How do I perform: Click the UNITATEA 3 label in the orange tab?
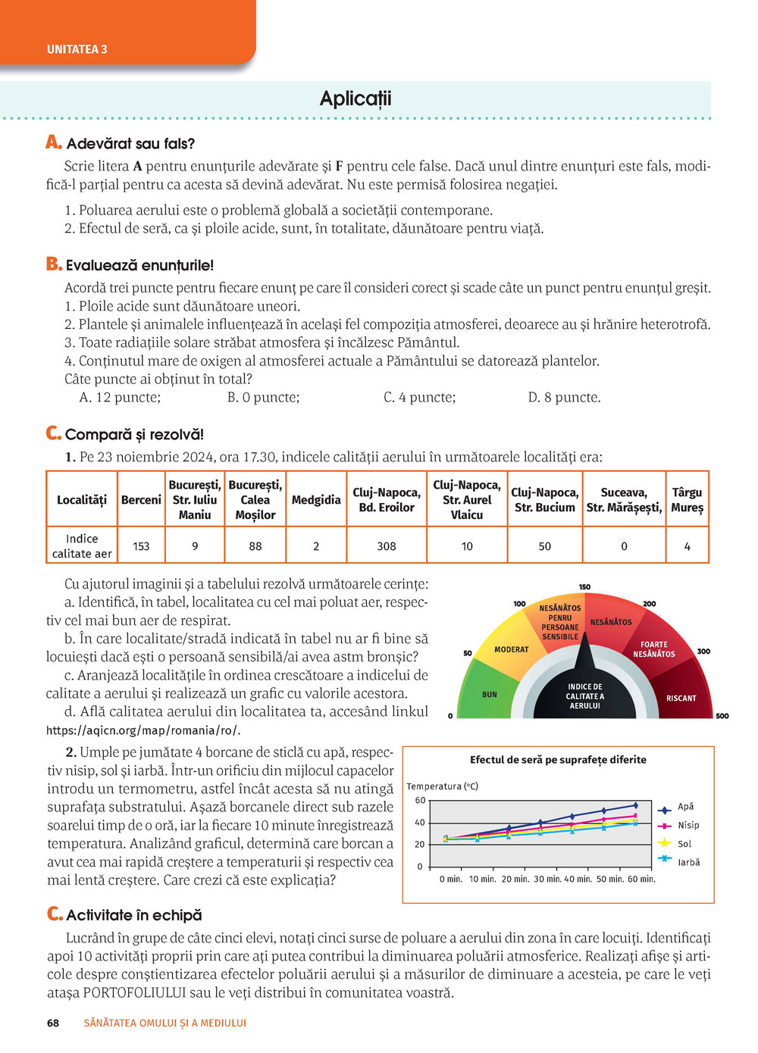pyautogui.click(x=77, y=49)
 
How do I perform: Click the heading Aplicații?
pyautogui.click(x=356, y=98)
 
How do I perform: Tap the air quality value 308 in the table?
pyautogui.click(x=387, y=546)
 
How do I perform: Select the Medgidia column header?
pyautogui.click(x=316, y=500)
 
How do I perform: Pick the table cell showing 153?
pyautogui.click(x=141, y=546)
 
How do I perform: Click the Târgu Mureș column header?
pyautogui.click(x=687, y=500)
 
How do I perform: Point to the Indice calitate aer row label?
pyautogui.click(x=82, y=546)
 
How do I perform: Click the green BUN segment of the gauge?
pyautogui.click(x=490, y=694)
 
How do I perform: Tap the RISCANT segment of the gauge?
pyautogui.click(x=681, y=698)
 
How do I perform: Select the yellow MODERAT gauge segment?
pyautogui.click(x=512, y=649)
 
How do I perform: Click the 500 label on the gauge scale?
pyautogui.click(x=722, y=716)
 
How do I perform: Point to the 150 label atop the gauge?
pyautogui.click(x=584, y=587)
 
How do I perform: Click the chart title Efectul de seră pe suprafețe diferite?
pyautogui.click(x=558, y=760)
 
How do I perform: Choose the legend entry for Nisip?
pyautogui.click(x=688, y=825)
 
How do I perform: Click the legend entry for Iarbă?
pyautogui.click(x=688, y=862)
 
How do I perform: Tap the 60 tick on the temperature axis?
pyautogui.click(x=420, y=801)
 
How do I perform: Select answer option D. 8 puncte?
pyautogui.click(x=564, y=398)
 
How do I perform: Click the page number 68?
pyautogui.click(x=53, y=1023)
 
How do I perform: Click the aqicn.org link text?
pyautogui.click(x=143, y=730)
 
